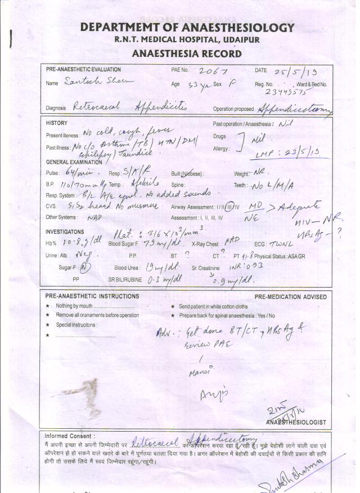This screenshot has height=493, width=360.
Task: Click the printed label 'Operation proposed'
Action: click(233, 109)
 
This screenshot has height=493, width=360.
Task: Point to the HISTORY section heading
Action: click(56, 123)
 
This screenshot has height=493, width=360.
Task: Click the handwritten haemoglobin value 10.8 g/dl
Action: click(76, 243)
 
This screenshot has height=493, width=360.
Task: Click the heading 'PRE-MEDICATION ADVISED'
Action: click(290, 297)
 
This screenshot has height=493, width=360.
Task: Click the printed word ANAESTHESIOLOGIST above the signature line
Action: click(296, 422)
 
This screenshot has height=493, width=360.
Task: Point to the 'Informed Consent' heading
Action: click(70, 436)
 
